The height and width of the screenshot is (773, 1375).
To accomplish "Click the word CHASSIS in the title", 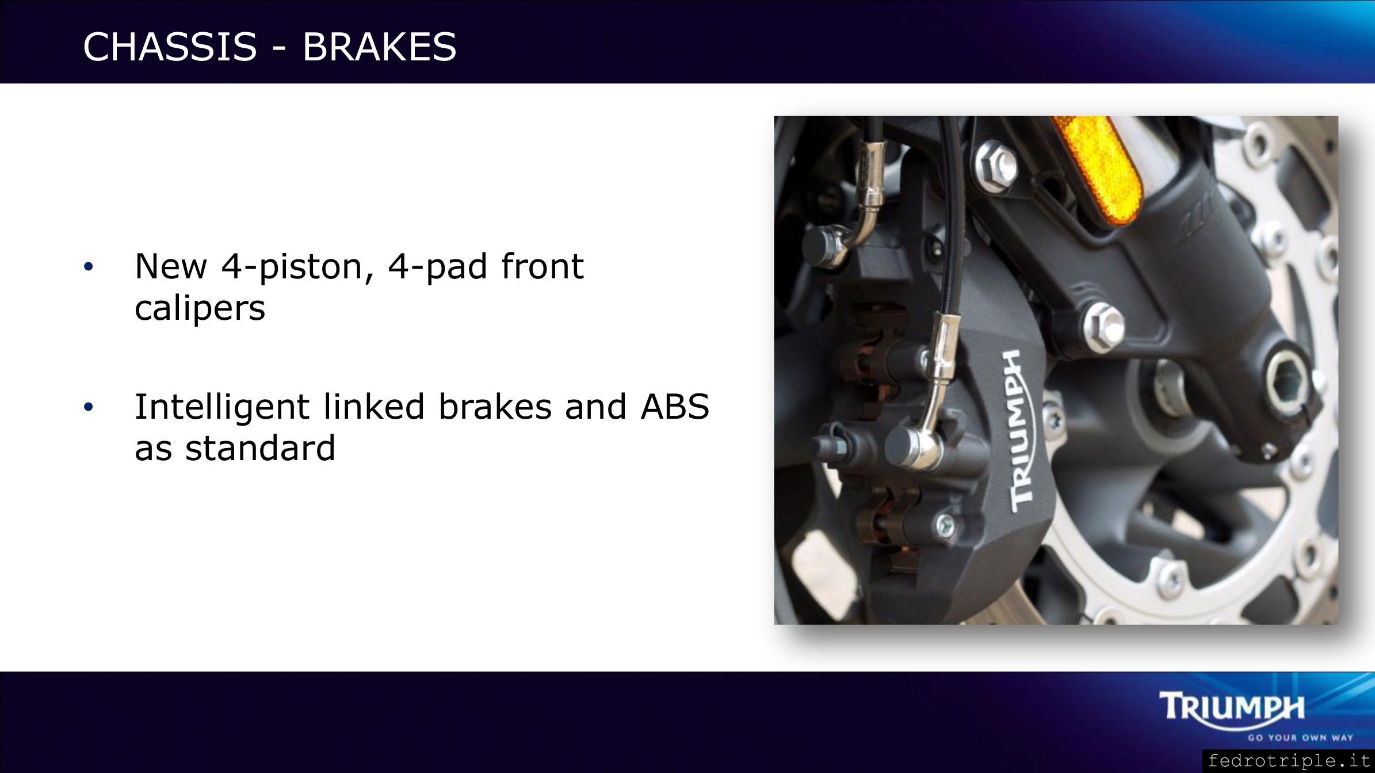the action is point(170,47).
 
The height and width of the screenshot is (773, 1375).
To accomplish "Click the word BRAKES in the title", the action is point(379,47).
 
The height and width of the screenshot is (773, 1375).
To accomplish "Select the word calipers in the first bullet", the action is point(200,309).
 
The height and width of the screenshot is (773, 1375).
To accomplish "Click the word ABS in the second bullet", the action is point(675,407).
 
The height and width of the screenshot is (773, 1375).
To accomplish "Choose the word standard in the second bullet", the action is point(260,448).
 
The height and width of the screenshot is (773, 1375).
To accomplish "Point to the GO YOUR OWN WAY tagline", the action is point(1300,737).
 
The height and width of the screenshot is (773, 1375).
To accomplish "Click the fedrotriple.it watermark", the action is point(1289,761).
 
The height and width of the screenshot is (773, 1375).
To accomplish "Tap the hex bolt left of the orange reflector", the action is point(997,160).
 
